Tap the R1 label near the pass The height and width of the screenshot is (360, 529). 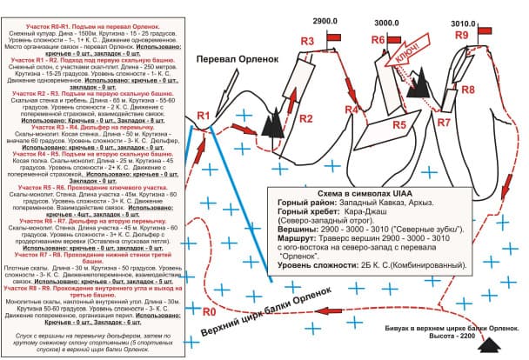pyautogui.click(x=204, y=116)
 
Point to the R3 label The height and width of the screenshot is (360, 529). pyautogui.click(x=307, y=41)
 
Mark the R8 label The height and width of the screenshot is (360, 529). pyautogui.click(x=467, y=90)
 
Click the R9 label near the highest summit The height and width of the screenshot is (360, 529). pyautogui.click(x=462, y=34)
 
